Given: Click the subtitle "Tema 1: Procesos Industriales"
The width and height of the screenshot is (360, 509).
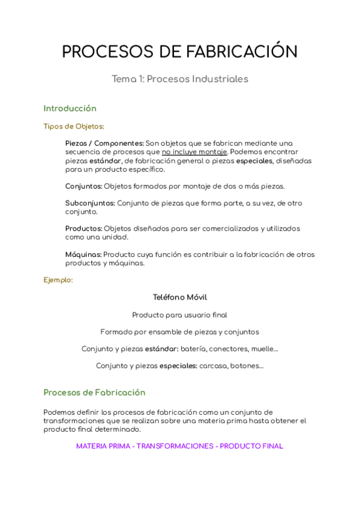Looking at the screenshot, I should coord(180,79).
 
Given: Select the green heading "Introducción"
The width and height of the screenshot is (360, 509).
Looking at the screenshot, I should coord(70,109).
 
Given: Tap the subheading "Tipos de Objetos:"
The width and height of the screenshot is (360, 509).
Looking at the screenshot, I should coord(74,127).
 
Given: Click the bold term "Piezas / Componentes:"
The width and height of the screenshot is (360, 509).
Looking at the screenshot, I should coord(104,143).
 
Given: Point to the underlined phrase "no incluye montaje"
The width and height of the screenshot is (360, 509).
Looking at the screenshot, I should coord(194,152).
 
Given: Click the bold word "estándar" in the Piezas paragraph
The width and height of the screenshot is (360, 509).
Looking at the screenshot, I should coord(105,161).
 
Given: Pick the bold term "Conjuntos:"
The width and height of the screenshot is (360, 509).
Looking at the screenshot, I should coord(83,186).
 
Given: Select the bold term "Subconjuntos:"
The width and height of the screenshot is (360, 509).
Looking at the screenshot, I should coord(90,203).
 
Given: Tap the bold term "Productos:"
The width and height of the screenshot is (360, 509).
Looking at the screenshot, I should coord(83,229).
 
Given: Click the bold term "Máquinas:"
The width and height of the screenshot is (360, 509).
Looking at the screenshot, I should coord(83,254).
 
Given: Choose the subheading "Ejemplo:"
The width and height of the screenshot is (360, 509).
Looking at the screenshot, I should coord(58,280).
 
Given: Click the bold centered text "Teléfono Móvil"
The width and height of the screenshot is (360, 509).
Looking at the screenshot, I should coord(180,297).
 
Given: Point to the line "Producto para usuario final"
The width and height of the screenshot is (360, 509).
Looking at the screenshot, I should coord(180,315).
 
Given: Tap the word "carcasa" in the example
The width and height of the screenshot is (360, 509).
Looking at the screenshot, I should coord(214,366).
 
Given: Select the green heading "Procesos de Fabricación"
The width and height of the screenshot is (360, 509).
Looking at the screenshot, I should coord(94,393).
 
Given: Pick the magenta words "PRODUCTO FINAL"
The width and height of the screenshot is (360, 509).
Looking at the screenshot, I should coord(251,447).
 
